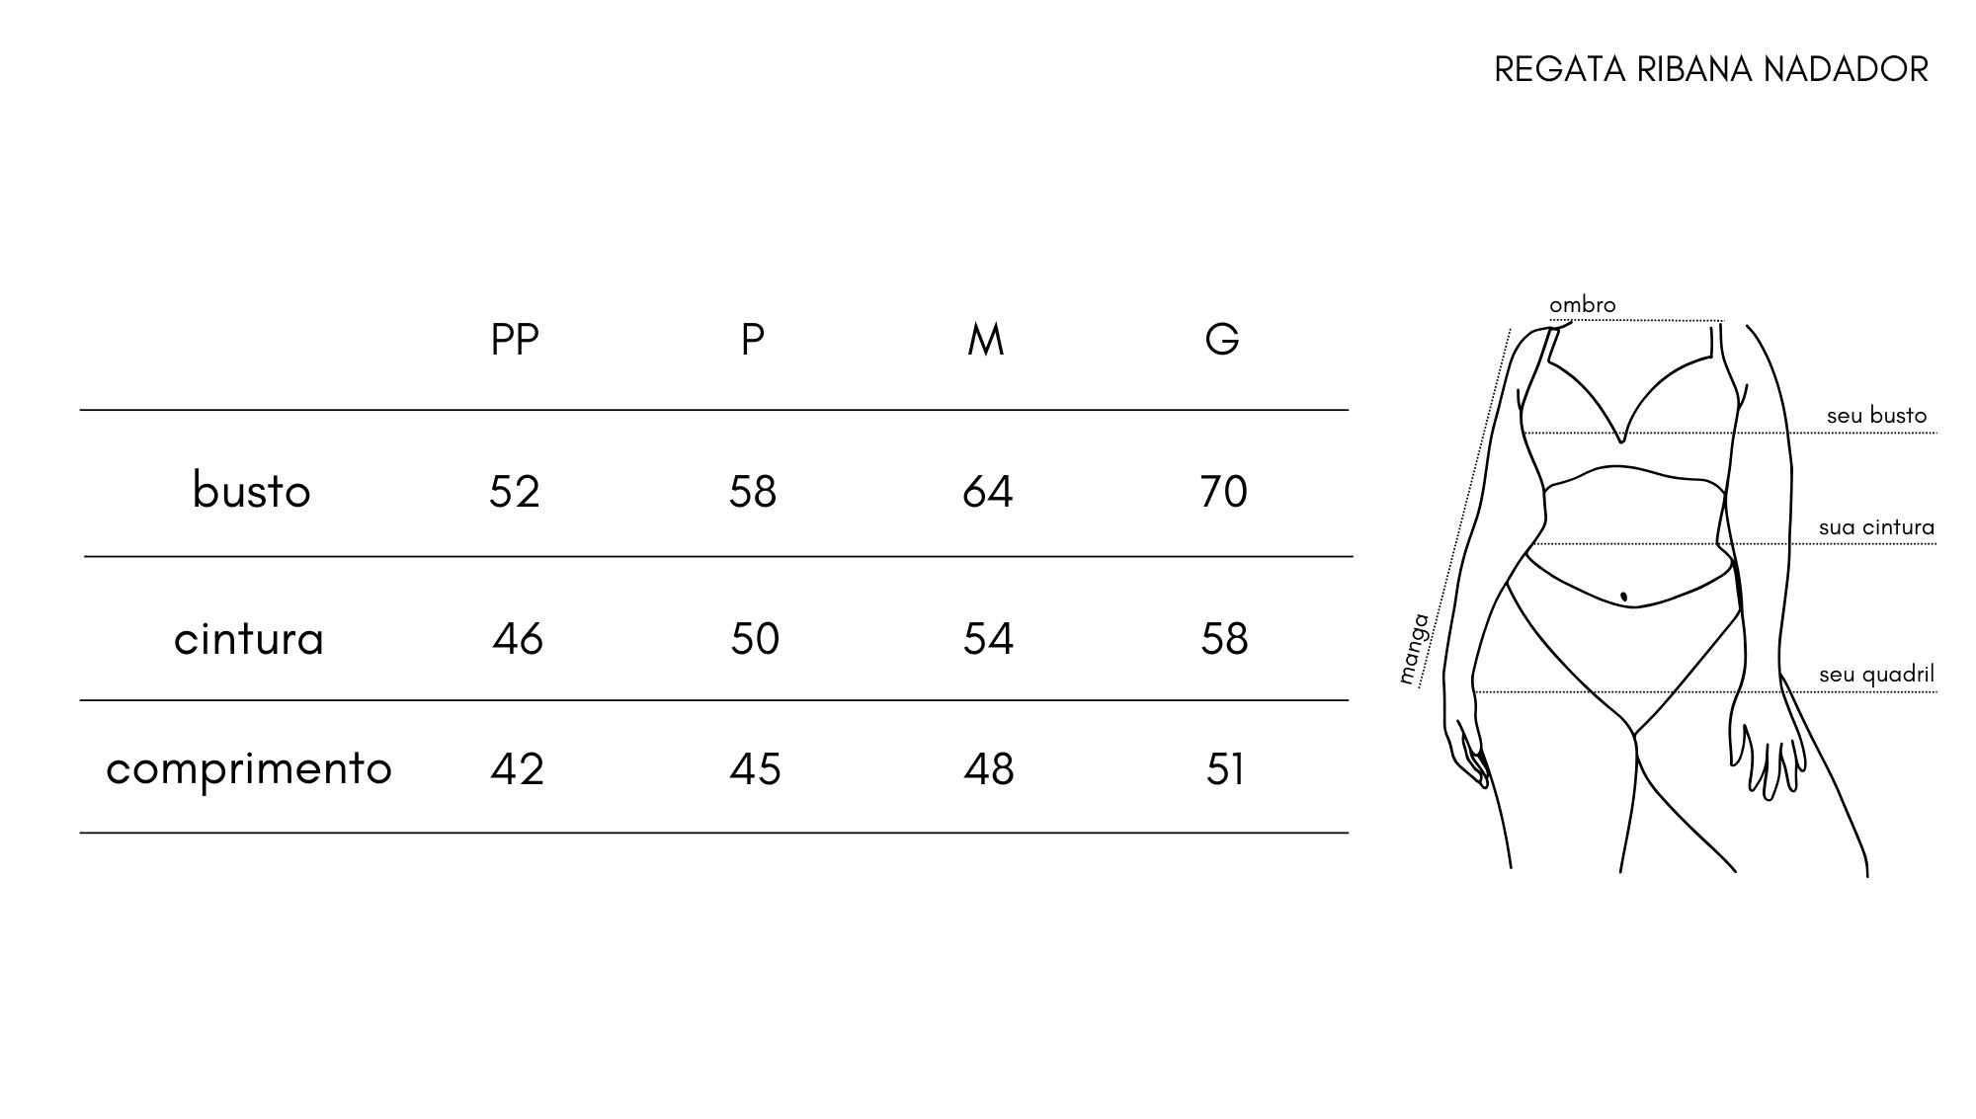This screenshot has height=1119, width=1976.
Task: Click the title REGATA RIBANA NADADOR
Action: [1711, 69]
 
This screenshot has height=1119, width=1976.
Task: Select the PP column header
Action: [515, 340]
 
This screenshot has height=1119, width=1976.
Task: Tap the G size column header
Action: [1222, 340]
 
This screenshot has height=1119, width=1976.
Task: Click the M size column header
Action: [986, 340]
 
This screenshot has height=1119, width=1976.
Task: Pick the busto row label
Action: [251, 491]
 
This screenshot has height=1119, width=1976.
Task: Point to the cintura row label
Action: [249, 639]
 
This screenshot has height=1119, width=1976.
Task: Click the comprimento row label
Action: [249, 768]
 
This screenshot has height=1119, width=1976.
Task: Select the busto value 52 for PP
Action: [515, 491]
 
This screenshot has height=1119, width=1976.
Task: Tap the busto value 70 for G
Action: [1224, 491]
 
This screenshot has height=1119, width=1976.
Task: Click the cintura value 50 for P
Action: [755, 639]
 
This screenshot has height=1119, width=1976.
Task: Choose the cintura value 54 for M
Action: [988, 639]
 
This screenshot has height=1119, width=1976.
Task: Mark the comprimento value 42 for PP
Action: [517, 769]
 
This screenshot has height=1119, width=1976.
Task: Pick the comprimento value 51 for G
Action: [1225, 769]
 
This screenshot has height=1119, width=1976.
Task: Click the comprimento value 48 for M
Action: [989, 769]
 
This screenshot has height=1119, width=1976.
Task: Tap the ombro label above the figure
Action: [1583, 305]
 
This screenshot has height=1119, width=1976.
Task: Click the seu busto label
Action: [1876, 416]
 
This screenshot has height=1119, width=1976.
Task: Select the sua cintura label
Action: [1876, 527]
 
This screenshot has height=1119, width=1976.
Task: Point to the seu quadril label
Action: [1876, 675]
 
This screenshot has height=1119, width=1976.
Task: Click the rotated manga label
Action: [1415, 649]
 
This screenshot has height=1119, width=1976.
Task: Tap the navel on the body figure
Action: [1623, 597]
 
